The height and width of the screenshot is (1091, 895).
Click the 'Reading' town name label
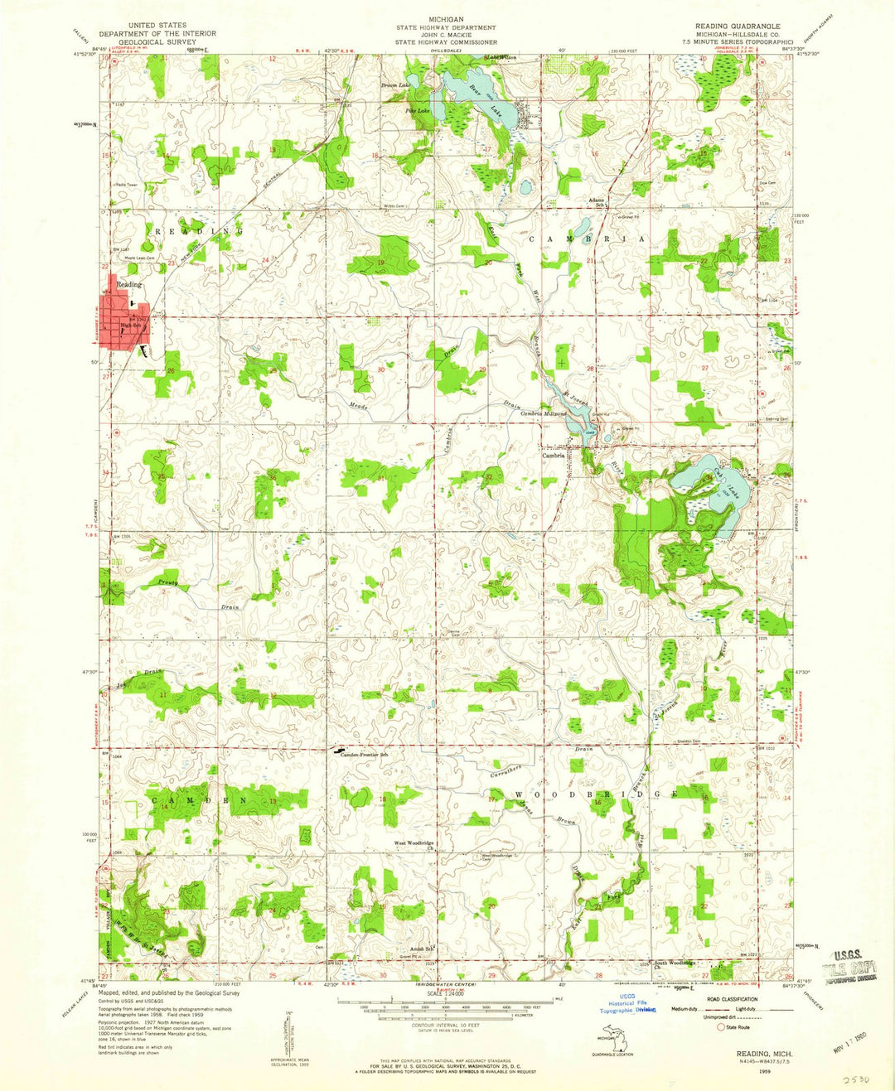(x=128, y=284)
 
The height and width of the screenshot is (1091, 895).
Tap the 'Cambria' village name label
(x=554, y=455)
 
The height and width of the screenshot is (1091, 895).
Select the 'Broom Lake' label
(x=395, y=85)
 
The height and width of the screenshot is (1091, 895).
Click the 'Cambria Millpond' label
(x=543, y=413)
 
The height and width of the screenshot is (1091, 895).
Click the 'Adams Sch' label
(x=597, y=201)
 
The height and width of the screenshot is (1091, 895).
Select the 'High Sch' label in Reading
(x=131, y=326)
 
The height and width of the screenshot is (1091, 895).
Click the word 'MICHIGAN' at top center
(x=446, y=18)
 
